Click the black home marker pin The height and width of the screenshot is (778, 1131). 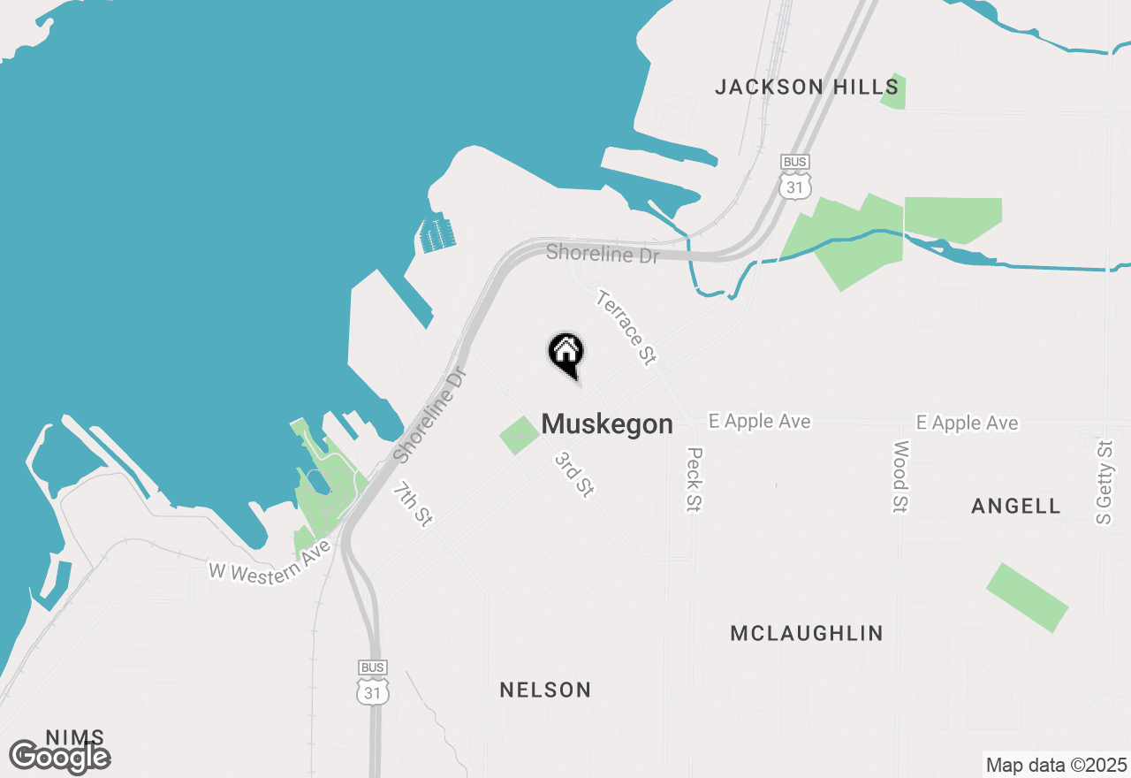coord(565,353)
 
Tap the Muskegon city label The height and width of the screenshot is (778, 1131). coord(607,424)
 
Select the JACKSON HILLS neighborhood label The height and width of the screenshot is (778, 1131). coord(807,87)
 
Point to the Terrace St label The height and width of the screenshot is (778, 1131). coord(627,327)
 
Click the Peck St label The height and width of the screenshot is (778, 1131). coord(694,479)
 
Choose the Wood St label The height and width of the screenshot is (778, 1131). coord(900,477)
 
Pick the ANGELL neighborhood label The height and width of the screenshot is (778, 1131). coord(1015,507)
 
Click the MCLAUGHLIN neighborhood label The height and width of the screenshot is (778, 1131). coord(807,633)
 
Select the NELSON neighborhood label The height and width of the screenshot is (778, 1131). coord(545,690)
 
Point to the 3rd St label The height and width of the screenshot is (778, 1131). coord(573,474)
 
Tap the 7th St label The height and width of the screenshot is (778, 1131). coord(413,505)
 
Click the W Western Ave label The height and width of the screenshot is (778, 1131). coord(269,559)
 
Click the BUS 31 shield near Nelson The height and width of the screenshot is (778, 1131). coord(373,683)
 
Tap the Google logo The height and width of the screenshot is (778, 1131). coord(60,757)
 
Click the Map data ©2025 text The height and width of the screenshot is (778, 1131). coord(1056,764)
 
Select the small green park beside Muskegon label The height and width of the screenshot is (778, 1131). coord(520,436)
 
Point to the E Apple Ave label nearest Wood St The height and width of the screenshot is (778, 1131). coord(967,423)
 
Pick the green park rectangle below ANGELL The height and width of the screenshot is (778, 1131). coord(1027,597)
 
